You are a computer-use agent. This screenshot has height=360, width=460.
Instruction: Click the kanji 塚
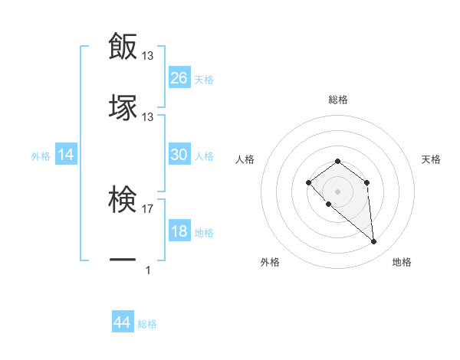click(x=123, y=106)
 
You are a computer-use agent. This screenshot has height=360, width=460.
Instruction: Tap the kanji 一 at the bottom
click(x=123, y=260)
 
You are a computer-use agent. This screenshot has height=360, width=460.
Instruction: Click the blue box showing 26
click(x=179, y=77)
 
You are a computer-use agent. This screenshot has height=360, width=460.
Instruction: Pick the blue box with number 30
click(x=179, y=155)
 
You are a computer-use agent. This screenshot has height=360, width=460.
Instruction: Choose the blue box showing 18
click(x=179, y=231)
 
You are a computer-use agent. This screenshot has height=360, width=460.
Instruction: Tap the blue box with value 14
click(x=66, y=155)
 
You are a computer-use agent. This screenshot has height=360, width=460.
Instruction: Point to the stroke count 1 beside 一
click(x=148, y=270)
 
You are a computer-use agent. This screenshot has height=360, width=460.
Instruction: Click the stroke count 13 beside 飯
click(x=148, y=56)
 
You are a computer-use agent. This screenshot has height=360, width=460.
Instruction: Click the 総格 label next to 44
click(x=147, y=324)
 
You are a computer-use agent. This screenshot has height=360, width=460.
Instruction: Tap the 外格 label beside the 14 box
click(x=41, y=156)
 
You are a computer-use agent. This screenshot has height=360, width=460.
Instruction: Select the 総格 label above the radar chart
click(x=338, y=100)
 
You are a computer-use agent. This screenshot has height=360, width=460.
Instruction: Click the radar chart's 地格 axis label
click(x=402, y=262)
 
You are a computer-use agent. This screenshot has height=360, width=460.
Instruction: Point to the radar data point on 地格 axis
click(x=374, y=242)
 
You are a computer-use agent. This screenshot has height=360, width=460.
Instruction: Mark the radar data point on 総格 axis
click(x=337, y=161)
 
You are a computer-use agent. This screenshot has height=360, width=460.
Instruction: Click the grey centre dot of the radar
click(x=337, y=191)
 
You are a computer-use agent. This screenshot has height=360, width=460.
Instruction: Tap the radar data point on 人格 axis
click(x=308, y=182)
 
